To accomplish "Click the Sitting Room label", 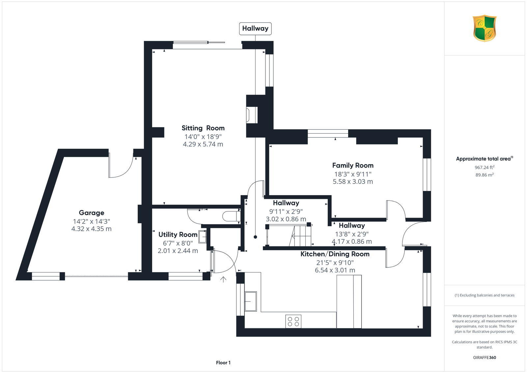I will coord(203,128).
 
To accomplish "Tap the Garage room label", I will coord(91,213).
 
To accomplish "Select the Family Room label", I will coord(353,165).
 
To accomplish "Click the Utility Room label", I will coord(178,234).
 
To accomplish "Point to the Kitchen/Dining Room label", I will coord(335,254).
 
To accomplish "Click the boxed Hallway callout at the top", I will coord(255,28).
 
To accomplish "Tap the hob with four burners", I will coord(293,321).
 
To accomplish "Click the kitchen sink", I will coord(250,301).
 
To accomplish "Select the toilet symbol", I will coord(231,216).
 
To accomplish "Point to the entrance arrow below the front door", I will coord(223,280).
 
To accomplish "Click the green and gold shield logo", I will coord(485,28).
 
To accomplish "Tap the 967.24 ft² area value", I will coord(484,168).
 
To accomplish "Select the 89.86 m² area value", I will coord(484,175).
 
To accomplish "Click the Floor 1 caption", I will coord(223,363).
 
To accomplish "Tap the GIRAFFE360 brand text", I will coord(484,357).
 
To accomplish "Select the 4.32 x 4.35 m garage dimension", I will coord(91,229).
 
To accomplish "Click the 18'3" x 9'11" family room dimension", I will coord(353,174).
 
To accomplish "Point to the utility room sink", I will coord(202,237).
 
